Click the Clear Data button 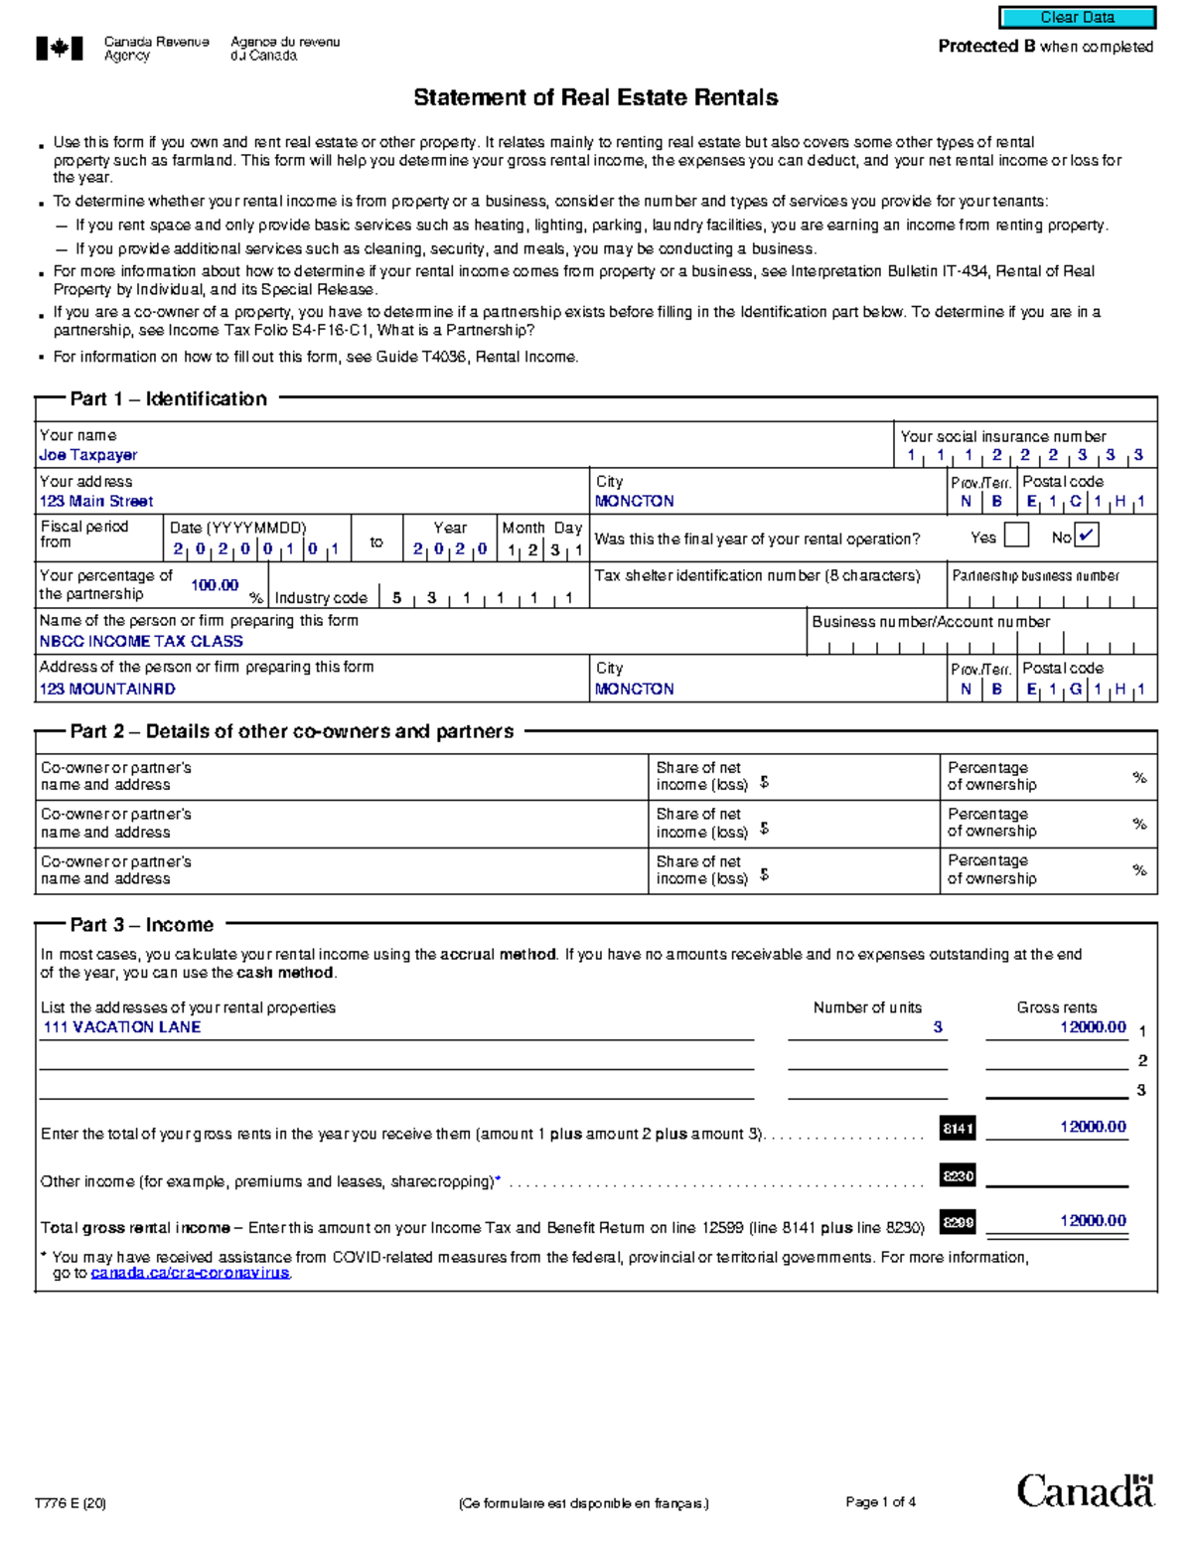click(1077, 17)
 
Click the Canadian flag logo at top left click(60, 49)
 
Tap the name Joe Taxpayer click(88, 455)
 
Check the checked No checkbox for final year click(1087, 536)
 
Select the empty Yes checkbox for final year click(1016, 536)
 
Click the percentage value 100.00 click(215, 585)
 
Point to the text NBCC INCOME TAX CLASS click(141, 642)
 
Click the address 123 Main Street click(96, 502)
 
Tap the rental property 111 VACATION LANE click(122, 1027)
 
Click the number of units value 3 click(937, 1027)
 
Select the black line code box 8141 click(958, 1128)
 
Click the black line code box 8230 click(958, 1176)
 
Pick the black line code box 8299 click(958, 1222)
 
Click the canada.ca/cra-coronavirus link click(190, 1273)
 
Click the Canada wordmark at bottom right click(1085, 1490)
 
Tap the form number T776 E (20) click(71, 1502)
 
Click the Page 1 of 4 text click(880, 1501)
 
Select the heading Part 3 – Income click(142, 925)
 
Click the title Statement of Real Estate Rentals click(595, 97)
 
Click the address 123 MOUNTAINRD click(107, 689)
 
